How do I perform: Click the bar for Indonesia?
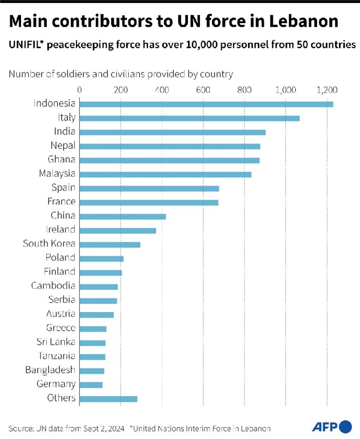pos(206,104)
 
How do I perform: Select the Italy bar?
pos(189,118)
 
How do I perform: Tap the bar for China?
pos(122,216)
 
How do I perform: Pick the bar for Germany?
pos(91,385)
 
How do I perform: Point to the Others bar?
pos(108,399)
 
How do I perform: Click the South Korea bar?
pos(110,244)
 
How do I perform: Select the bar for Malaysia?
pos(165,174)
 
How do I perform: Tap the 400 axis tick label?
pos(162,90)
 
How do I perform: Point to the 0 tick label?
pos(79,90)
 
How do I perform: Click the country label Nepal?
pos(63,146)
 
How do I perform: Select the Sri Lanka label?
pos(56,342)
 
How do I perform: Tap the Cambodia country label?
pos(53,286)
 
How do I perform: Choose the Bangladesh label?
pos(50,370)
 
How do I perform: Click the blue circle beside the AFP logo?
pos(345,426)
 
